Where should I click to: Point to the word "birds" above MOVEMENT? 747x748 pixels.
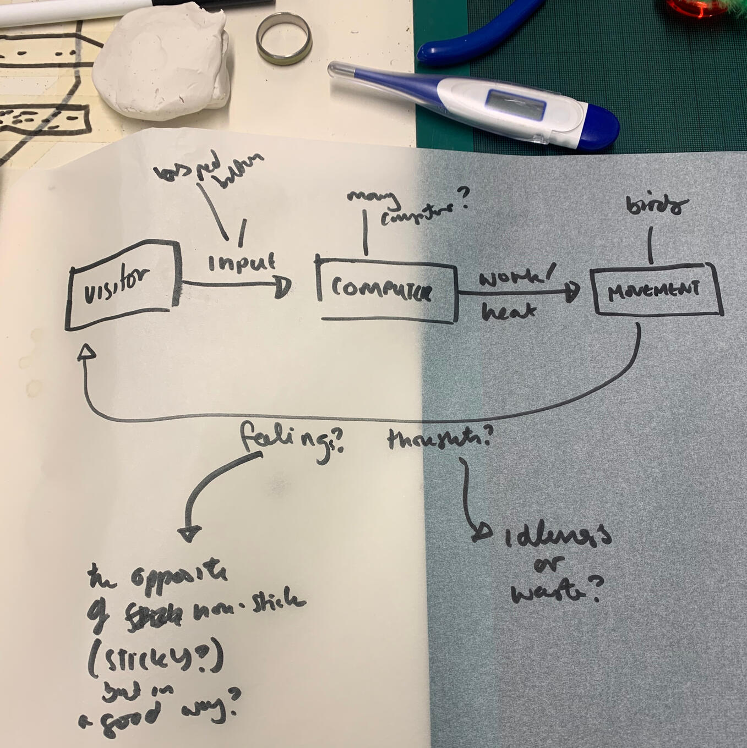point(657,206)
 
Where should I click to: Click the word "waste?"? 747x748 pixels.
point(553,592)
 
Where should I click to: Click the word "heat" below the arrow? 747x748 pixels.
point(508,312)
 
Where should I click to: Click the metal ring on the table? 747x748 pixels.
point(285,37)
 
